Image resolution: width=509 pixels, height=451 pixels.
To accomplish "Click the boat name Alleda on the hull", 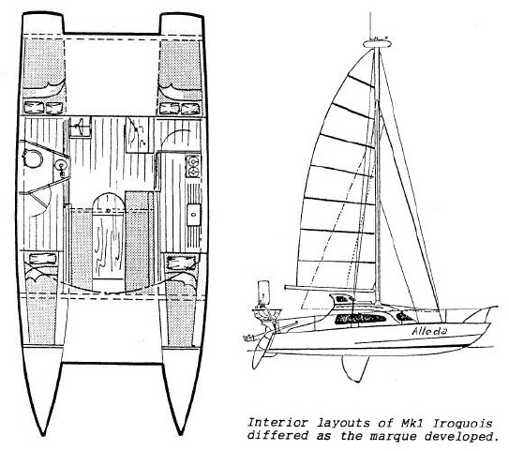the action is [x=429, y=331].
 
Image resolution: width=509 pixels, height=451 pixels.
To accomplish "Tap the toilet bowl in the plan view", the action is [x=33, y=158].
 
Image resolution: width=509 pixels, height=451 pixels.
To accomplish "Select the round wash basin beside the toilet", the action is [x=61, y=166].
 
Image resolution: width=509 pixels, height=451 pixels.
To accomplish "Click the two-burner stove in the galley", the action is [x=193, y=166].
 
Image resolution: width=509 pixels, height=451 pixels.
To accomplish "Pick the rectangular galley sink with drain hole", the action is [x=193, y=214].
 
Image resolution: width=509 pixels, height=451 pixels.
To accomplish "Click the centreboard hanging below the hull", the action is [x=355, y=368].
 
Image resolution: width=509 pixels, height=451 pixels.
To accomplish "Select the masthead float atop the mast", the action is [x=376, y=42].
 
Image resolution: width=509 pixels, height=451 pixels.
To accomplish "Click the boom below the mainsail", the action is [x=330, y=288].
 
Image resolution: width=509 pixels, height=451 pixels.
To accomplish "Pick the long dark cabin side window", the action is [x=360, y=318].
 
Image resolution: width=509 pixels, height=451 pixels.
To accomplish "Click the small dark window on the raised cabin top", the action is [x=342, y=298].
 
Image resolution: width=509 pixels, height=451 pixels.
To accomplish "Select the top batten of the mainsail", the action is [x=361, y=82].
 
